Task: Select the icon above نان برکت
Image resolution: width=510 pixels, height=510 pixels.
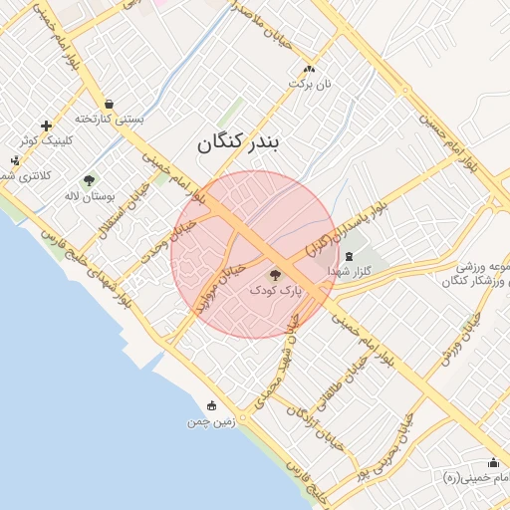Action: click(x=309, y=69)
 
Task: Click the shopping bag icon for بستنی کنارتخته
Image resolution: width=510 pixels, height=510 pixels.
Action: click(x=108, y=103)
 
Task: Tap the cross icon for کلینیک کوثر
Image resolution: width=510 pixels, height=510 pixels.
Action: click(x=46, y=126)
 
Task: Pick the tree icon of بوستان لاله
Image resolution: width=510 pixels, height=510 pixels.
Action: click(x=90, y=180)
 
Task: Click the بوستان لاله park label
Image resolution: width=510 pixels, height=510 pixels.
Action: click(x=85, y=195)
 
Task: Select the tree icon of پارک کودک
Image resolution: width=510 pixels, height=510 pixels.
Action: click(x=276, y=274)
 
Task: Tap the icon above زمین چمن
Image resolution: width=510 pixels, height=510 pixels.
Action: click(x=211, y=405)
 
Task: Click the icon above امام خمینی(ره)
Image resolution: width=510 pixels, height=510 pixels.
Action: click(x=493, y=462)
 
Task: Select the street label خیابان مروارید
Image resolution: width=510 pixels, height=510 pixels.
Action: click(x=219, y=290)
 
